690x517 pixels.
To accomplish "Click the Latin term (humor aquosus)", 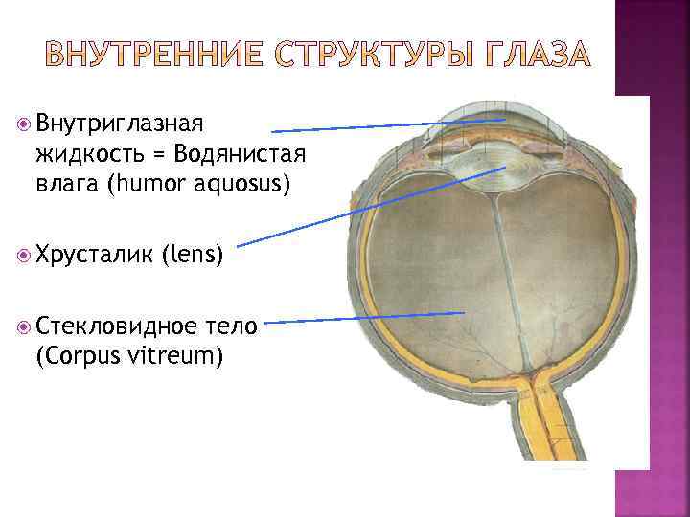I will coord(196,183).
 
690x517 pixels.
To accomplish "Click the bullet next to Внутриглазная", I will coord(25,124).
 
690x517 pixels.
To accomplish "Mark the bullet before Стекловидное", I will coord(25,326).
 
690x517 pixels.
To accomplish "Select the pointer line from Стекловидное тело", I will coord(364,318).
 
